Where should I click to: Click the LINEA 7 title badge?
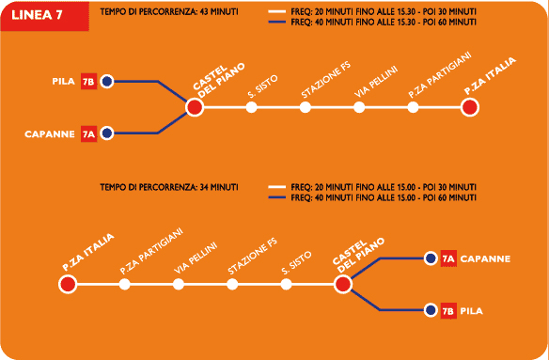coord(44,16)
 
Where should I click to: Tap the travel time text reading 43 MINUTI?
coord(218,12)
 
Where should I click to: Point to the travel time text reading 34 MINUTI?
coord(218,187)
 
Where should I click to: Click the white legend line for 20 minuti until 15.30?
coord(278,12)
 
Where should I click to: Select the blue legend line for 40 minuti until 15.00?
coord(278,198)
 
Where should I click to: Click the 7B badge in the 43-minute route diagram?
coord(88,82)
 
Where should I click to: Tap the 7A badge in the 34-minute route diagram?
coord(448,258)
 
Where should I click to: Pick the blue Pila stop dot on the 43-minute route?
coord(107,82)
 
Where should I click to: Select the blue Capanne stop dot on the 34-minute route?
coord(431,258)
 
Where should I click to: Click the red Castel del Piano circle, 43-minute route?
coord(195,107)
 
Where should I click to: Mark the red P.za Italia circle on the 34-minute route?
coord(68,284)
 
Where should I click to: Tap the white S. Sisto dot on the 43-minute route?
coord(251,107)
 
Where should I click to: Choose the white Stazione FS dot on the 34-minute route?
coord(232,284)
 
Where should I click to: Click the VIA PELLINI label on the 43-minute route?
coord(376,82)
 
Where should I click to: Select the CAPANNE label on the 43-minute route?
coord(50,134)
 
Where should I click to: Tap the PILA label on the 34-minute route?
coord(472,311)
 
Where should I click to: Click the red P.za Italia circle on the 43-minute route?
coord(470,107)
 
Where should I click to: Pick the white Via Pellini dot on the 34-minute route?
coord(179,284)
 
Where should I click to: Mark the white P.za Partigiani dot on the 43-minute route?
coord(413,107)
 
